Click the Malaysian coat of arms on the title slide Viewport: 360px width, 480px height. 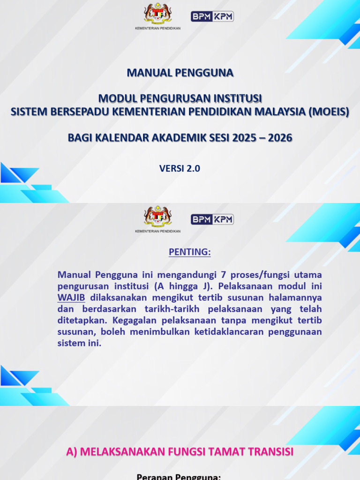pyautogui.click(x=158, y=14)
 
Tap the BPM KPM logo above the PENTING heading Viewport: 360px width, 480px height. pyautogui.click(x=212, y=219)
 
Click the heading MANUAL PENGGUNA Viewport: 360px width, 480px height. pyautogui.click(x=180, y=73)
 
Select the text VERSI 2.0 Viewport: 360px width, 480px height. pyautogui.click(x=180, y=169)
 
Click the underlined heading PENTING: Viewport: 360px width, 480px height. pyautogui.click(x=190, y=252)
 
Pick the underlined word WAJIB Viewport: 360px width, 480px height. pyautogui.click(x=71, y=297)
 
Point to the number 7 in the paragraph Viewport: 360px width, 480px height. pyautogui.click(x=203, y=274)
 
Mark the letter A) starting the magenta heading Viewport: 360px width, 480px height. pyautogui.click(x=72, y=451)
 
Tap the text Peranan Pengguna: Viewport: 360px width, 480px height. pyautogui.click(x=179, y=476)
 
